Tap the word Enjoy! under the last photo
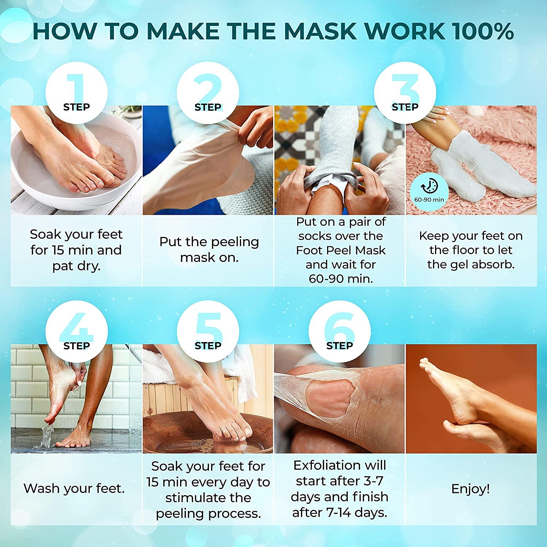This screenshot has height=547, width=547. [x=470, y=489]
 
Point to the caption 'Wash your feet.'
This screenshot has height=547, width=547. [x=74, y=489]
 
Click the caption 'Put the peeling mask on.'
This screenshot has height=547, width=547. [x=209, y=249]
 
